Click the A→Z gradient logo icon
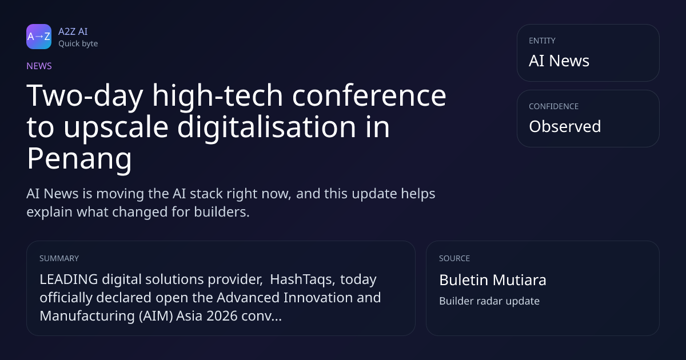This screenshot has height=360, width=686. tap(39, 37)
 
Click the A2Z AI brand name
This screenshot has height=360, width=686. tap(73, 31)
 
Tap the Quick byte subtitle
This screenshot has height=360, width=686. tap(78, 43)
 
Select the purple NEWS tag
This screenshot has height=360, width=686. tap(39, 66)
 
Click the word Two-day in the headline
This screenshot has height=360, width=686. tap(85, 95)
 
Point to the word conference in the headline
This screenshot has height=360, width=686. tap(369, 95)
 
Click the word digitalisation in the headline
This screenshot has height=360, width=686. tap(266, 127)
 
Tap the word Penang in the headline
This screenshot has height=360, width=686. tap(79, 159)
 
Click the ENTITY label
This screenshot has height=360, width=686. tap(542, 41)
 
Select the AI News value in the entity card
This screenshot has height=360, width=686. tap(559, 61)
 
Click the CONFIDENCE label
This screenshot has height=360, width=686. tap(554, 106)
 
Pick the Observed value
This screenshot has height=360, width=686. tap(565, 126)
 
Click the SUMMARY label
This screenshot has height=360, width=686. tap(59, 258)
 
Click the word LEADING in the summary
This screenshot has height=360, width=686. tap(69, 279)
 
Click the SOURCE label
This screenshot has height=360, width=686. tap(454, 258)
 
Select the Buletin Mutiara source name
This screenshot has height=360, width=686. tap(492, 280)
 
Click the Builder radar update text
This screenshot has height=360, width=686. tap(489, 301)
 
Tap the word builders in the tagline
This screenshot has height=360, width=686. tap(222, 212)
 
